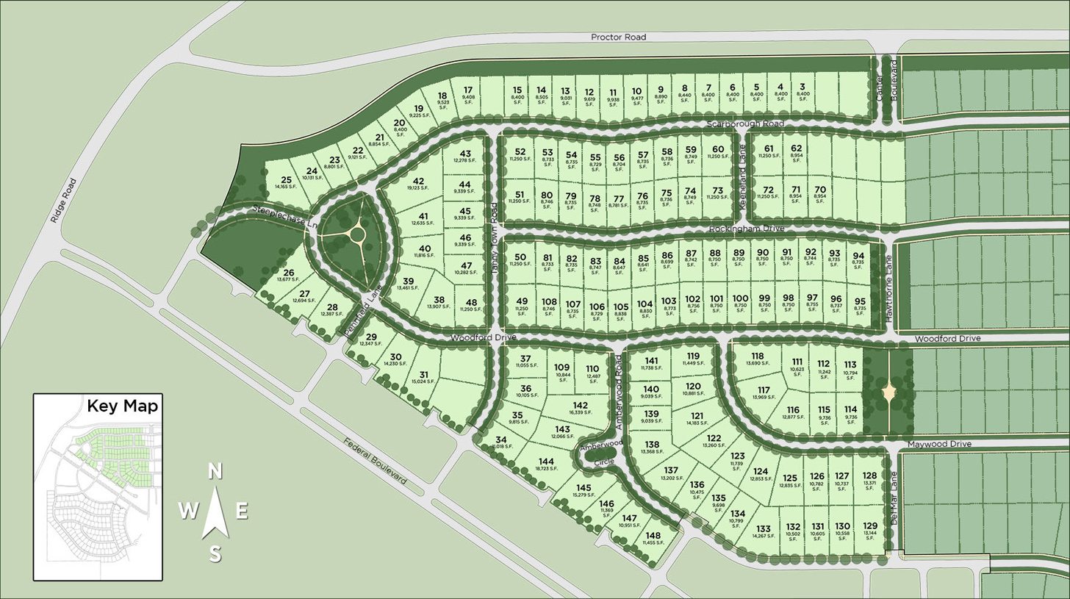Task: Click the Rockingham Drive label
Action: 747,229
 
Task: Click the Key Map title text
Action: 122,406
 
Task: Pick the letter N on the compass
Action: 215,472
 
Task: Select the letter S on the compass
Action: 215,555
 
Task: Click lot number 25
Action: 287,180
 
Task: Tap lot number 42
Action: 419,182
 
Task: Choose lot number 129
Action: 870,526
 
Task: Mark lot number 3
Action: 803,87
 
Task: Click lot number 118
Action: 758,356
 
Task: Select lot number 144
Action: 546,461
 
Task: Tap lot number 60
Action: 718,149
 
